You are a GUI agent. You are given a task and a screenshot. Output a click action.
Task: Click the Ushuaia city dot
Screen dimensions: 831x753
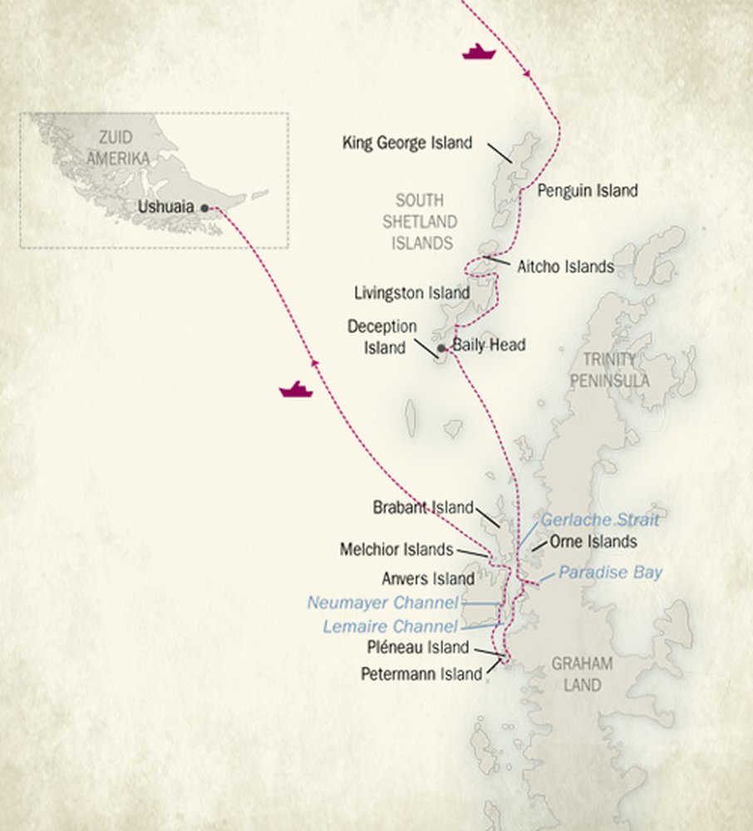pyautogui.click(x=204, y=209)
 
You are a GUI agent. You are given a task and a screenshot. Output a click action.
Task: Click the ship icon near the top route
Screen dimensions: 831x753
pyautogui.click(x=479, y=52)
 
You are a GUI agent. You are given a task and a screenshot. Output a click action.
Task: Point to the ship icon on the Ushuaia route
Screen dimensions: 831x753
pyautogui.click(x=296, y=389)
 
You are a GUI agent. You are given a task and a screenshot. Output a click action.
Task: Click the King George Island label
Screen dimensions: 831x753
pyautogui.click(x=407, y=143)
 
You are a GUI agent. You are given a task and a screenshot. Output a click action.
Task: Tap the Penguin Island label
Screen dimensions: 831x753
pyautogui.click(x=588, y=191)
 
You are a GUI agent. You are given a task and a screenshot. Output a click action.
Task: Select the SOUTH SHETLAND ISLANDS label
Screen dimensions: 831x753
pyautogui.click(x=424, y=222)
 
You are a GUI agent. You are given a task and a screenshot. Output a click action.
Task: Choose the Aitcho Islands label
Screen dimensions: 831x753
pyautogui.click(x=565, y=267)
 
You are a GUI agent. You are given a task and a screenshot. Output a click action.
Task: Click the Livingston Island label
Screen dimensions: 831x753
pyautogui.click(x=411, y=293)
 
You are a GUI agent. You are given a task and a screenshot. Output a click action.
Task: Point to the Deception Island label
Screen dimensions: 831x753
pyautogui.click(x=381, y=337)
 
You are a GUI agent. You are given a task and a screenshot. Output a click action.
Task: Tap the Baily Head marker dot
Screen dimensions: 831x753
pyautogui.click(x=441, y=348)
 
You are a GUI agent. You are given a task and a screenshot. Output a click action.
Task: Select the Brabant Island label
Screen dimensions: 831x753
pyautogui.click(x=423, y=508)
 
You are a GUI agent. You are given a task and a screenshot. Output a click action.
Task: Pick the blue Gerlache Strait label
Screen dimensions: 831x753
pyautogui.click(x=600, y=520)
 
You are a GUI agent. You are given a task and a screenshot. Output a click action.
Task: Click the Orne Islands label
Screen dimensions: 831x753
pyautogui.click(x=593, y=542)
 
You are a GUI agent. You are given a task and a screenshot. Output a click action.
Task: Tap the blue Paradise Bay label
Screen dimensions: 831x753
pyautogui.click(x=610, y=573)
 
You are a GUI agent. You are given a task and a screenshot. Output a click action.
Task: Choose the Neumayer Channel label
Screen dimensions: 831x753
pyautogui.click(x=382, y=602)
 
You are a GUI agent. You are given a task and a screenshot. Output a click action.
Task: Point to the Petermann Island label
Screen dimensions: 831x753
pyautogui.click(x=421, y=675)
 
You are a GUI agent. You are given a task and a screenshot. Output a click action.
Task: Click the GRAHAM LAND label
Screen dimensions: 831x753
pyautogui.click(x=582, y=674)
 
